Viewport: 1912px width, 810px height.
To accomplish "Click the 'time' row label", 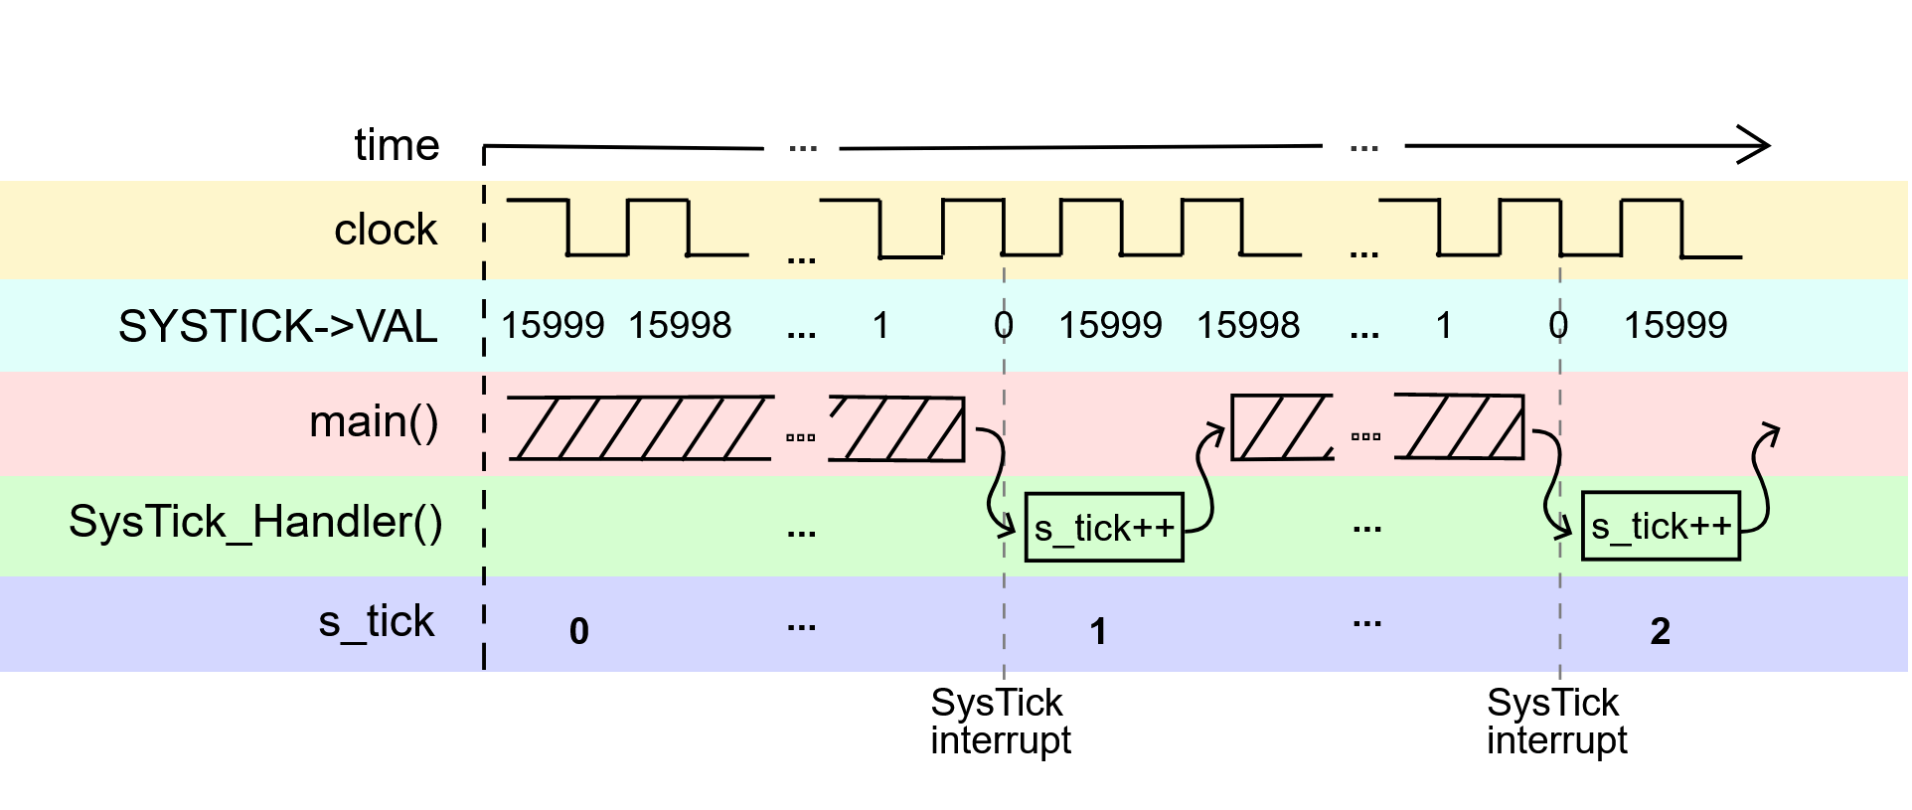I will coord(397,146).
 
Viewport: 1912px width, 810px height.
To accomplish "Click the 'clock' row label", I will coord(386,231).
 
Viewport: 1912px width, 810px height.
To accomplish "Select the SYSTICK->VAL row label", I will coord(277,327).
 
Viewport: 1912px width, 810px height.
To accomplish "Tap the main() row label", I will coord(374,422).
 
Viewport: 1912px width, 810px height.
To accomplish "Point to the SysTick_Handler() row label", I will coord(255,522).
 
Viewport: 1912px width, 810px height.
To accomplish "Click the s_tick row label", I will coord(376,622).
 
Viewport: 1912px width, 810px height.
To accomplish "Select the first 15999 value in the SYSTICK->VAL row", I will coord(553,326).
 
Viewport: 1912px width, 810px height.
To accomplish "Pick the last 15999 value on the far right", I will coord(1675,326).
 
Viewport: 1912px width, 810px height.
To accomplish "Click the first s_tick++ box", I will coord(1103,528).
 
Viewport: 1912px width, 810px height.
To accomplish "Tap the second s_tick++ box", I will coord(1661,527).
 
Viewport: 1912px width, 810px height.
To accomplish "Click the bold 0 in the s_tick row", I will coord(579,631).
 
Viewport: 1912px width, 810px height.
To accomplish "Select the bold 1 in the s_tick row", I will coord(1098,631).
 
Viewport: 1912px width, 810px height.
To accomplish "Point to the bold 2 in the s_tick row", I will coord(1660,631).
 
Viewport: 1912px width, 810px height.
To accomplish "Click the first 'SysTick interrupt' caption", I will coord(1000,722).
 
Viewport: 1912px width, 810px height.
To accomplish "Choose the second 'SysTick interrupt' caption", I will coord(1556,722).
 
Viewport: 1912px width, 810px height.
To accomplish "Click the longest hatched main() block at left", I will coord(641,428).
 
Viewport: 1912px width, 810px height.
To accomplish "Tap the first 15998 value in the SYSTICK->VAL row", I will coord(680,326).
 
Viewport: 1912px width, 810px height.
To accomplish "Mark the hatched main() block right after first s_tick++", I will coord(1281,427).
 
